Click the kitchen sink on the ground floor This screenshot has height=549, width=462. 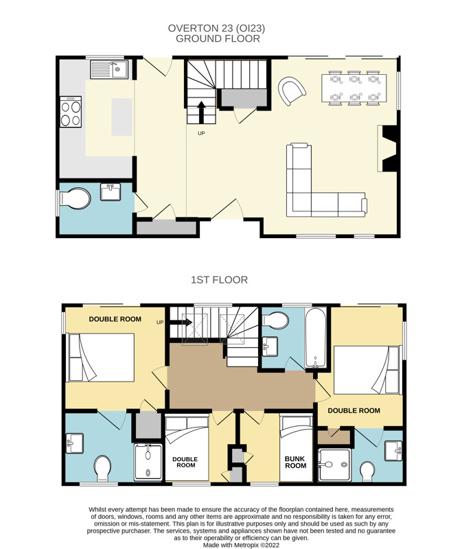click(x=109, y=69)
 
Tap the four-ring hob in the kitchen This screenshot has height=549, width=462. click(x=71, y=112)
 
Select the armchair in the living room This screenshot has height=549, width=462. click(x=292, y=91)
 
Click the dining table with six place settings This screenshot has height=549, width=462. click(x=354, y=89)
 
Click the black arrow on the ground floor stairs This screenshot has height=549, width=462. click(x=201, y=112)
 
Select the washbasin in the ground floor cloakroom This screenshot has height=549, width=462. click(x=111, y=192)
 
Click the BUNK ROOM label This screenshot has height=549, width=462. click(x=295, y=462)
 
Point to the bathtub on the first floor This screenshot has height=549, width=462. click(x=315, y=338)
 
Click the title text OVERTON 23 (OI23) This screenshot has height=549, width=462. click(x=216, y=28)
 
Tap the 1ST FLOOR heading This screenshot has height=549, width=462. click(x=219, y=280)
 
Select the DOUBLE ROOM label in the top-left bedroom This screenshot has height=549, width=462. click(x=115, y=319)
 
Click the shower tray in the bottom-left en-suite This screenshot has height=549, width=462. click(x=148, y=462)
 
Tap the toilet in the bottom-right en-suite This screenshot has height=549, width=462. click(x=367, y=471)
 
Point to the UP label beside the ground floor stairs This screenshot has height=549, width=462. click(x=201, y=133)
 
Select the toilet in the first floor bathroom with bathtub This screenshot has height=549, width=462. click(x=276, y=320)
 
